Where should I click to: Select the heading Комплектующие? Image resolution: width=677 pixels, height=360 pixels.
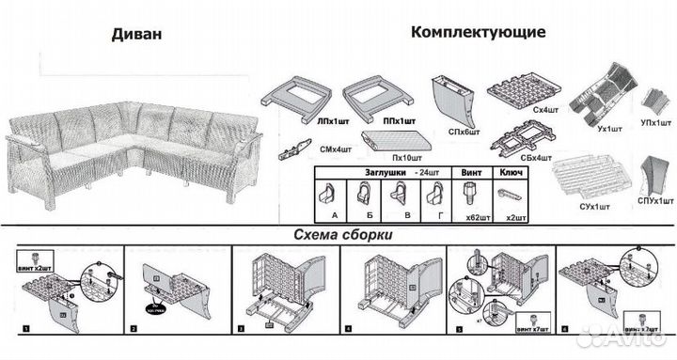click(477, 32)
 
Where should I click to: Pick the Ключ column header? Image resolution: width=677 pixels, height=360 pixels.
click(512, 172)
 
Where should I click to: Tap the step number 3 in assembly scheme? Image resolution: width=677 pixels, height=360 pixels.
click(242, 330)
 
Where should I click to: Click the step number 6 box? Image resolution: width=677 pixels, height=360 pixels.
click(565, 330)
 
